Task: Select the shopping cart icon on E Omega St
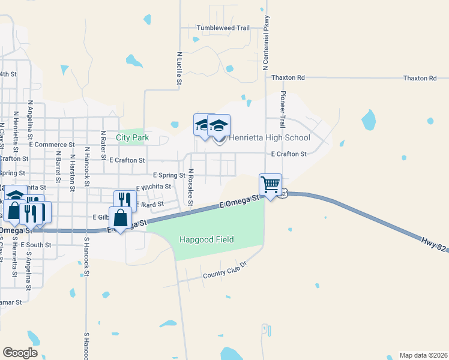click(x=270, y=184)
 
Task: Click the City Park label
click(x=132, y=138)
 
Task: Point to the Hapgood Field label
click(x=206, y=240)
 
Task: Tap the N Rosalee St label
click(x=190, y=187)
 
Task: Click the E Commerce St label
click(x=52, y=145)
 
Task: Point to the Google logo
click(x=20, y=352)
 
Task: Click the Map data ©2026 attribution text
click(x=423, y=355)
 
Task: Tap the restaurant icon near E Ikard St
click(x=125, y=200)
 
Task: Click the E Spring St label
click(x=169, y=175)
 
